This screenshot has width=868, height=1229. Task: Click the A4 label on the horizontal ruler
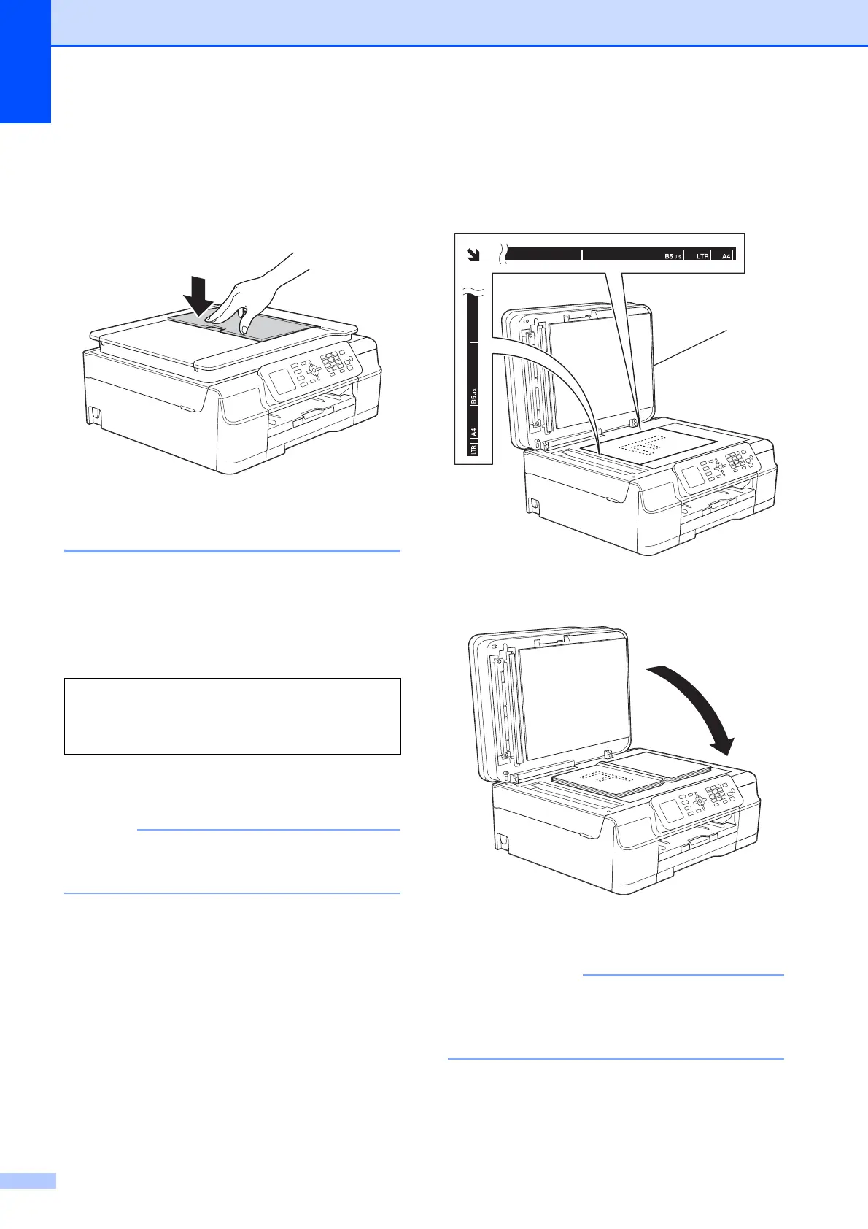[x=726, y=256]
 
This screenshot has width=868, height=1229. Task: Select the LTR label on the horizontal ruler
[x=702, y=256]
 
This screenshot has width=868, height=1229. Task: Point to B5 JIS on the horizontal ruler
[x=672, y=256]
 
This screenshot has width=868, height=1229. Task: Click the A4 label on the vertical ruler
[x=474, y=431]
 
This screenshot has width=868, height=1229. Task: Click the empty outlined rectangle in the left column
[x=232, y=715]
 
